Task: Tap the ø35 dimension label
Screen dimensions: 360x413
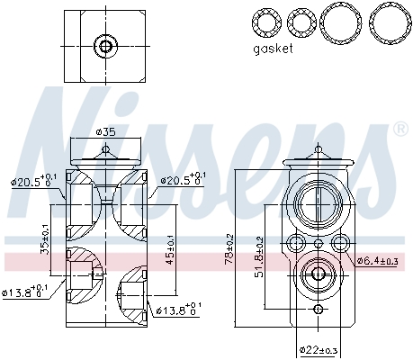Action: coord(105,134)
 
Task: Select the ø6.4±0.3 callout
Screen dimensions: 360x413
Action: coord(377,261)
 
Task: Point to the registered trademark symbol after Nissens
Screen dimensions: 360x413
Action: coord(400,131)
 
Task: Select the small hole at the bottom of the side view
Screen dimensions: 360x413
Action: coord(318,310)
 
